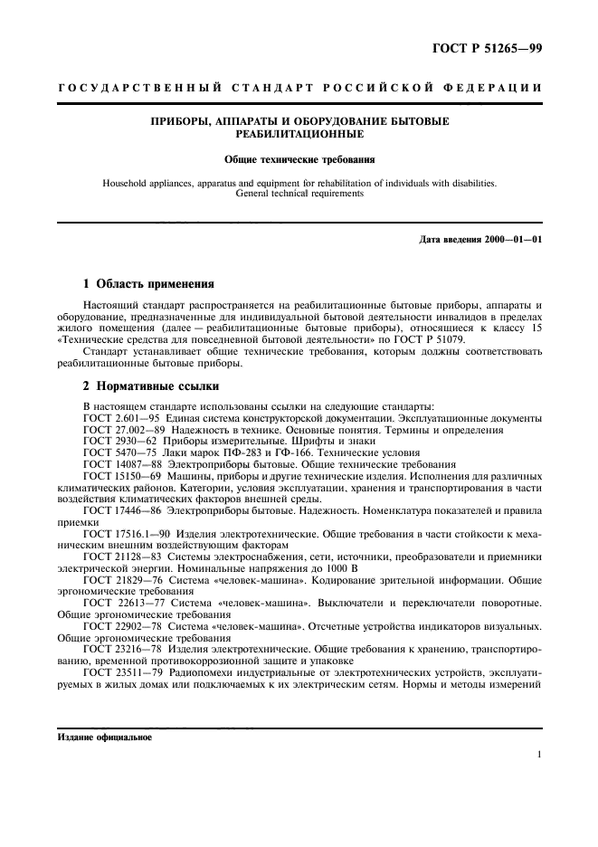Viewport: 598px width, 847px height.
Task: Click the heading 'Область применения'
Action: (155, 284)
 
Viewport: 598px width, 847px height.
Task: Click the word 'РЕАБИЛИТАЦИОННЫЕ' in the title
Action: (299, 133)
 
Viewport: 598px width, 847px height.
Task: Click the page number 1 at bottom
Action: (539, 755)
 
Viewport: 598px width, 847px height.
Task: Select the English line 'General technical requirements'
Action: (299, 193)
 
